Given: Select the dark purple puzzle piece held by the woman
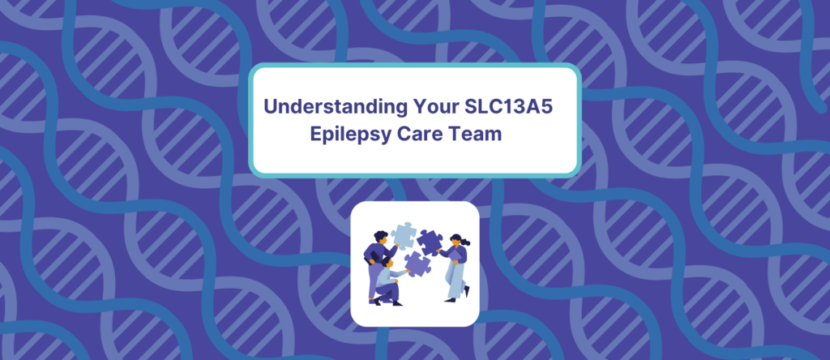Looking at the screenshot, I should coord(430,240).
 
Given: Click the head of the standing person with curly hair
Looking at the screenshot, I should coord(381,236).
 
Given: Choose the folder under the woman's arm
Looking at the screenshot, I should coord(456,255).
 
